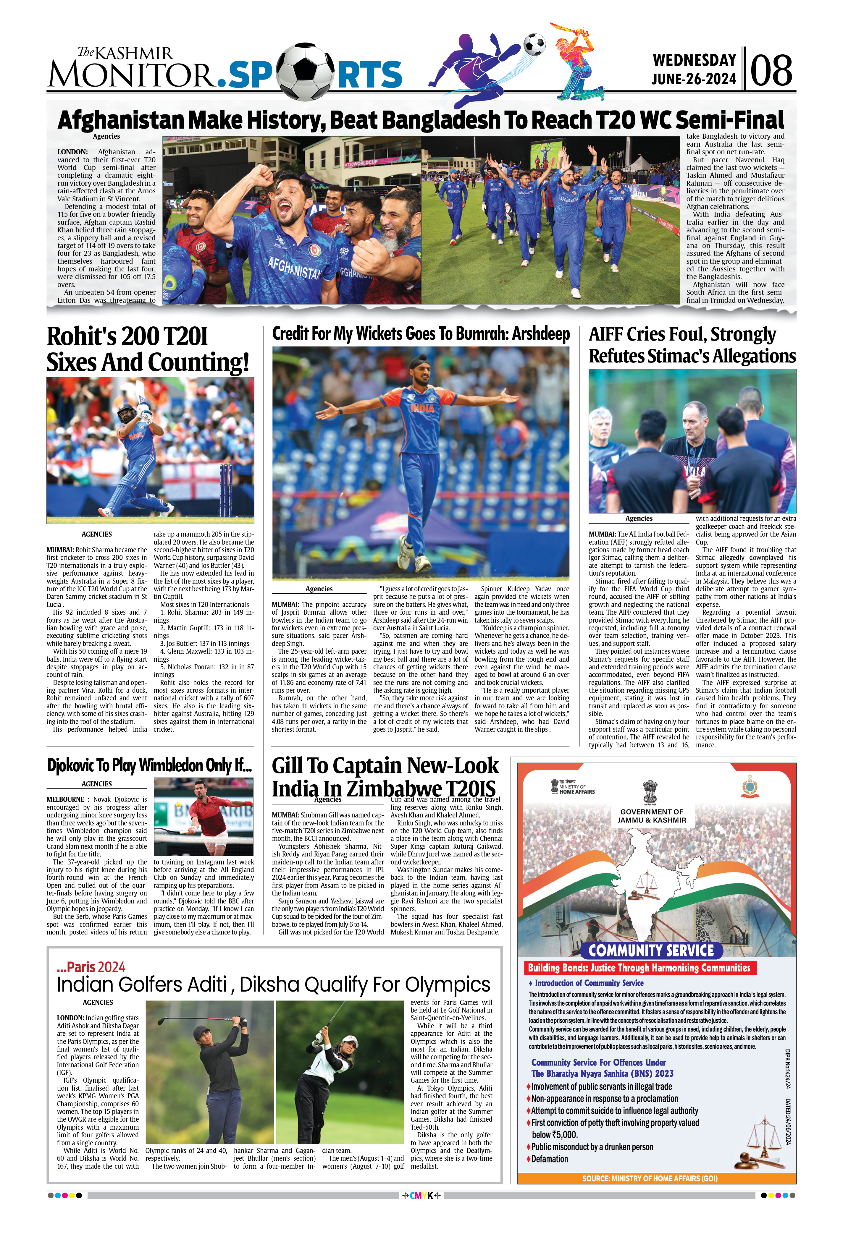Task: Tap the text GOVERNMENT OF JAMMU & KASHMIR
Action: (651, 816)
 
